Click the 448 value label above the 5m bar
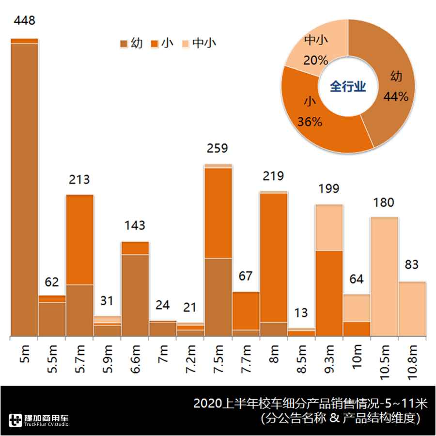pos(24,21)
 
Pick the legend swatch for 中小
pos(187,44)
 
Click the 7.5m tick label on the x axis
pos(218,358)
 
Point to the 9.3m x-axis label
pos(329,358)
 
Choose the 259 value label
pos(217,148)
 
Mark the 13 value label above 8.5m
pos(301,312)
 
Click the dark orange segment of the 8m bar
pos(273,257)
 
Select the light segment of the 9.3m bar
pos(329,228)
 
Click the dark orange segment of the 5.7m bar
pos(79,240)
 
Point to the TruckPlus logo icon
pos(16,420)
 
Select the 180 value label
pos(384,202)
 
